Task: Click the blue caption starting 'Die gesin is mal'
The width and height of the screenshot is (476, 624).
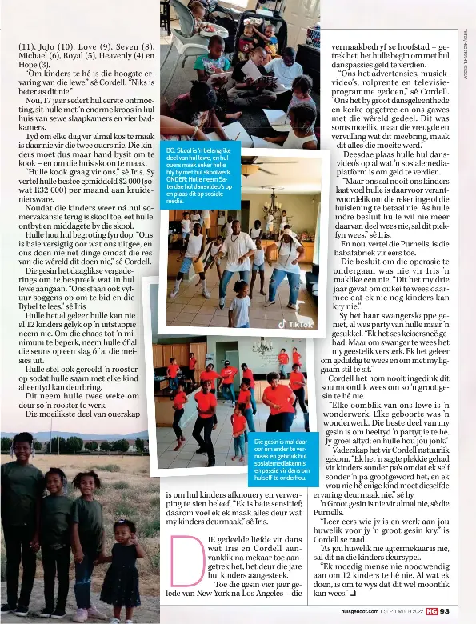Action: pos(282,457)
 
